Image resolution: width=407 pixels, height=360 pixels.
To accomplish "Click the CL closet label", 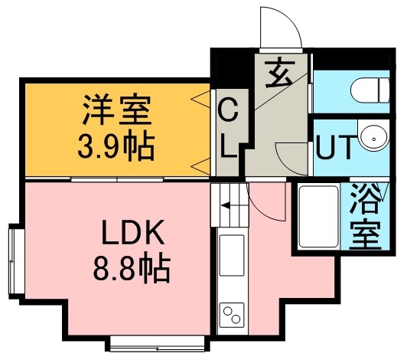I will (x=228, y=131).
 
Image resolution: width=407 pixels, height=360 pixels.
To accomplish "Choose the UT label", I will (x=334, y=146).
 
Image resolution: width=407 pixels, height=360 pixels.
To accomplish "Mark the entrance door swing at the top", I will (x=280, y=29).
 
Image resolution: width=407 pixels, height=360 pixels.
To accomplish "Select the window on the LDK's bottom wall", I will (x=159, y=342).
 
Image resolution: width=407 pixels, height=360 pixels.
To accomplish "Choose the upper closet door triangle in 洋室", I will (x=200, y=97).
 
